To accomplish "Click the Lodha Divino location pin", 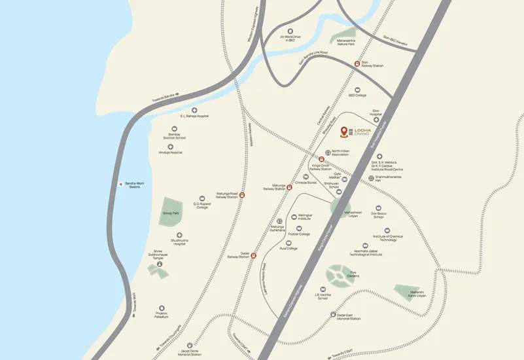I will coord(344,132).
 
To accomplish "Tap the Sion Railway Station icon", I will coord(357,63).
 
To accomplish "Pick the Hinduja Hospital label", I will coord(170,152).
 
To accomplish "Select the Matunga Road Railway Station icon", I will coord(242,194).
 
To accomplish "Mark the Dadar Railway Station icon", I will coord(253,256).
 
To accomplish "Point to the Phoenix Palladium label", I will coord(162,315).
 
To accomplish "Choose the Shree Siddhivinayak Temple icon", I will coord(160,264).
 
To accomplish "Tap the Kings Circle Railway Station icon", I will coord(321,159).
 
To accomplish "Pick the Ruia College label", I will coord(288,248).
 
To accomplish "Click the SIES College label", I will coord(357,96).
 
